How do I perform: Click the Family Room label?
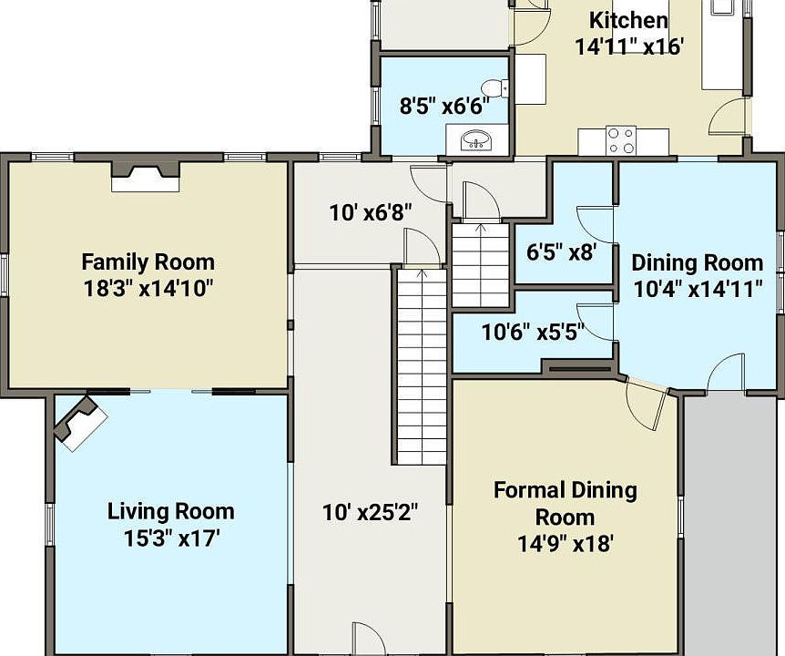pos(148,261)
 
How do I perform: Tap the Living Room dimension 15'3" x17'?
pos(172,538)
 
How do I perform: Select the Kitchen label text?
pos(628,21)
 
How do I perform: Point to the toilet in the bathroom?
pos(497,87)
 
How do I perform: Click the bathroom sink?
pos(476,139)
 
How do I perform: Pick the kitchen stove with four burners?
pos(621,140)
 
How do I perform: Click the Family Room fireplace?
pos(145,176)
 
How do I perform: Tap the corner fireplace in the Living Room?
pos(79,421)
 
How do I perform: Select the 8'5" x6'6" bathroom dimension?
pos(444,107)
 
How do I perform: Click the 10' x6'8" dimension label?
pos(371,213)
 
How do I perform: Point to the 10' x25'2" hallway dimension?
pos(370,512)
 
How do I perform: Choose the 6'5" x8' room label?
pos(561,251)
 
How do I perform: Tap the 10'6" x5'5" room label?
pos(533,332)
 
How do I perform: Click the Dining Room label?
pos(698,262)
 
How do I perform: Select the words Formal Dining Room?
pos(566,503)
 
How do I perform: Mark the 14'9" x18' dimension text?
pos(566,543)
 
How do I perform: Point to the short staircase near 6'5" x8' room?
pos(481,265)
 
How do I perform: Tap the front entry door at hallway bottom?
pos(369,639)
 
